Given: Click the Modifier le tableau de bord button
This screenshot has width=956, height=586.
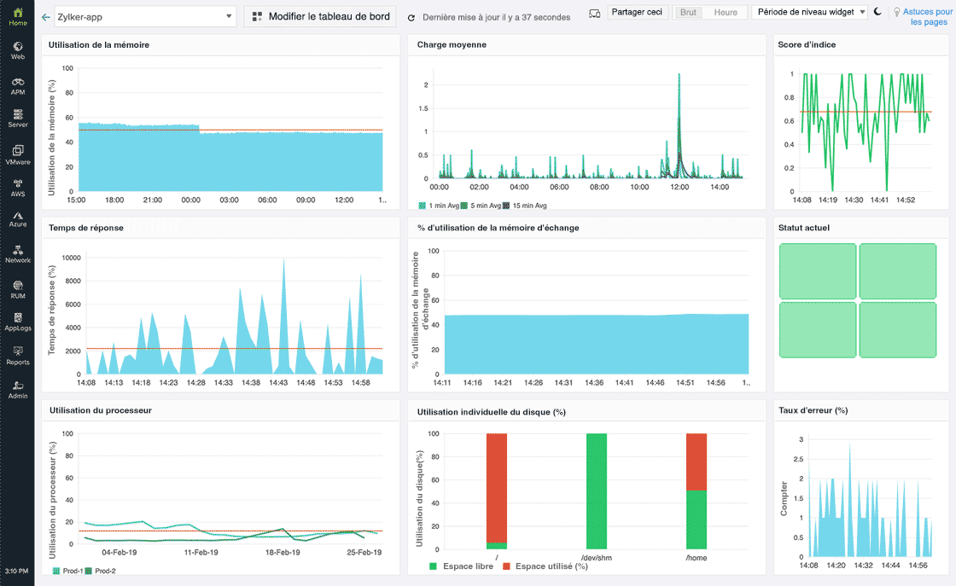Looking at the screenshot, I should (x=320, y=16).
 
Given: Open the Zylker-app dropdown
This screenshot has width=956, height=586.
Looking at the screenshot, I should (x=144, y=16).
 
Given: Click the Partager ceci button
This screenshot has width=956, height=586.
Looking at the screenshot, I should (x=637, y=12).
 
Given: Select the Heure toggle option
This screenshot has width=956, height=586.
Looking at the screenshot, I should (x=726, y=13).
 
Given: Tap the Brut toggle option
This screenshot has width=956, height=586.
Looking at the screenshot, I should (x=688, y=13).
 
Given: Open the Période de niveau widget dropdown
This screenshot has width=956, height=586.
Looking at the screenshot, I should (x=809, y=12).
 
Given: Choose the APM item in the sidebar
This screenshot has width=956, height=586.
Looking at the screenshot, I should (x=17, y=85).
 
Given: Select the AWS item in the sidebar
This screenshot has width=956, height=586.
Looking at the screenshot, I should (x=17, y=187).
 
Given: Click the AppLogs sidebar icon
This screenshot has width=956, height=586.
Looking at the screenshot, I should (x=17, y=322).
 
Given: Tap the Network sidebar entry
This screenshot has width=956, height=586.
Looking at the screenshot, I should (x=17, y=254).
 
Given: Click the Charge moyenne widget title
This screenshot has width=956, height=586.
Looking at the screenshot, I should (x=452, y=44).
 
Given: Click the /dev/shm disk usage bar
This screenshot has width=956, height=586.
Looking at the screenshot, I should (x=596, y=491).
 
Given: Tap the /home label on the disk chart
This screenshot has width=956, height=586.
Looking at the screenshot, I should (x=696, y=558).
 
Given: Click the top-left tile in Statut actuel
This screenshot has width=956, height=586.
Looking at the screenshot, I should (x=818, y=270).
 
